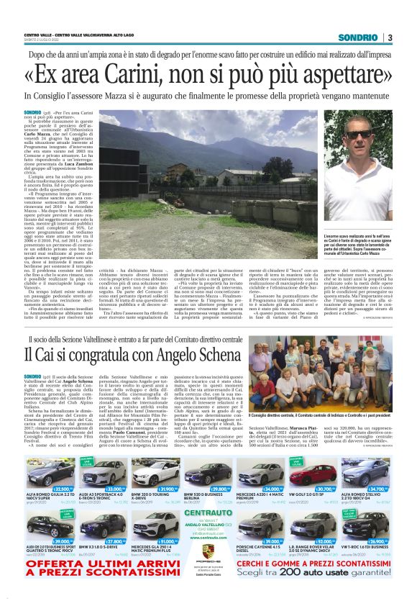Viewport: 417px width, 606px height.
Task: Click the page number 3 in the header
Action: tap(390, 37)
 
